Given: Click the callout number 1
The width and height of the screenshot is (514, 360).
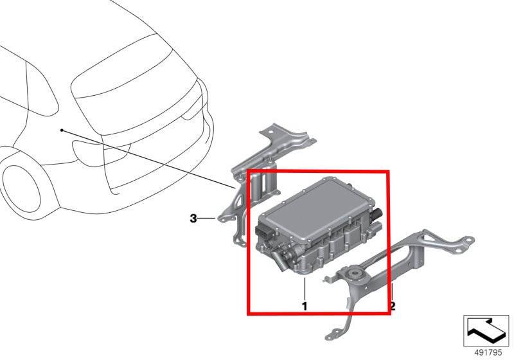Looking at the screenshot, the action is [305, 306].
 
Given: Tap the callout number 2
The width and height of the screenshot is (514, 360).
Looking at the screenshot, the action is [393, 306].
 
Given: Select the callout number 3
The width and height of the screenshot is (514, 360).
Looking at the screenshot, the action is [193, 218].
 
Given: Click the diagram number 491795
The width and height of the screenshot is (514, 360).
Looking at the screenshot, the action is [488, 352].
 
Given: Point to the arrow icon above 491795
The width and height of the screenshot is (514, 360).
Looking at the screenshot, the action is [486, 330].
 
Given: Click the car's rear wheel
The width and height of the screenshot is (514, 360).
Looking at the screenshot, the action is [21, 189].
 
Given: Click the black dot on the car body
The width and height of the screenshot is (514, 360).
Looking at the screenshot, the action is [62, 130].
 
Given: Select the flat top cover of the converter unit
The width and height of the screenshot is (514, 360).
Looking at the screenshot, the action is [315, 209].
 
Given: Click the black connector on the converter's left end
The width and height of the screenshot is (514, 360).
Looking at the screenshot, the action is [265, 232].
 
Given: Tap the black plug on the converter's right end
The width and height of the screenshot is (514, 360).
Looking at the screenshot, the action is [377, 215].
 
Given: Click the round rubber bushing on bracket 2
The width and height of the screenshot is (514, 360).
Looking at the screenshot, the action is [354, 274].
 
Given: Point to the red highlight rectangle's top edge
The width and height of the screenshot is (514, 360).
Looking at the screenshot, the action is [318, 171].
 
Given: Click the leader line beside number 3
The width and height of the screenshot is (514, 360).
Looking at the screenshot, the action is [207, 218].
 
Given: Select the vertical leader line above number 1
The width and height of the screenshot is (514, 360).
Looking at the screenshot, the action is [305, 289].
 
